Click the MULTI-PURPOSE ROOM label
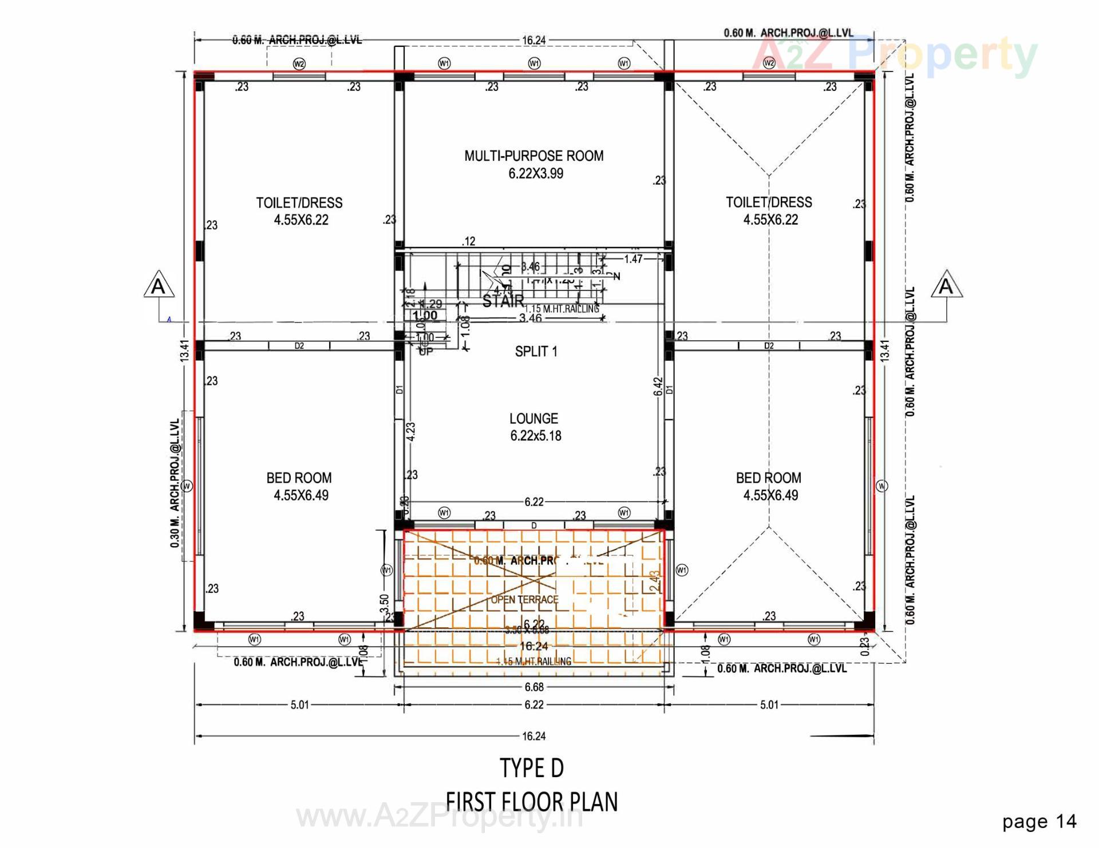(x=533, y=156)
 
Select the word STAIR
(x=503, y=301)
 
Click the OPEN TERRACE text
(x=524, y=599)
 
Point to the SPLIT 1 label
(x=536, y=351)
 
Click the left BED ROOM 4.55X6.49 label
(x=299, y=486)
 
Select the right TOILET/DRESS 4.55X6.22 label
(x=769, y=210)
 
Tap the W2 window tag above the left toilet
(x=299, y=63)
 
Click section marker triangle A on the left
(x=159, y=285)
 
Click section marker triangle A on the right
(x=946, y=285)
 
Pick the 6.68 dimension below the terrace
(x=534, y=687)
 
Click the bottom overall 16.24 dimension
(x=533, y=736)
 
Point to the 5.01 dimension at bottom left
(x=299, y=704)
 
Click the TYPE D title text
(x=532, y=768)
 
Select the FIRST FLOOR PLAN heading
(x=532, y=802)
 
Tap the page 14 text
(x=1039, y=822)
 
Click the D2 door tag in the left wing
(x=299, y=346)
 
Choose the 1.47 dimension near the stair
(x=633, y=259)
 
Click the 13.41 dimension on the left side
(x=184, y=351)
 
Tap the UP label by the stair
(x=425, y=351)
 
